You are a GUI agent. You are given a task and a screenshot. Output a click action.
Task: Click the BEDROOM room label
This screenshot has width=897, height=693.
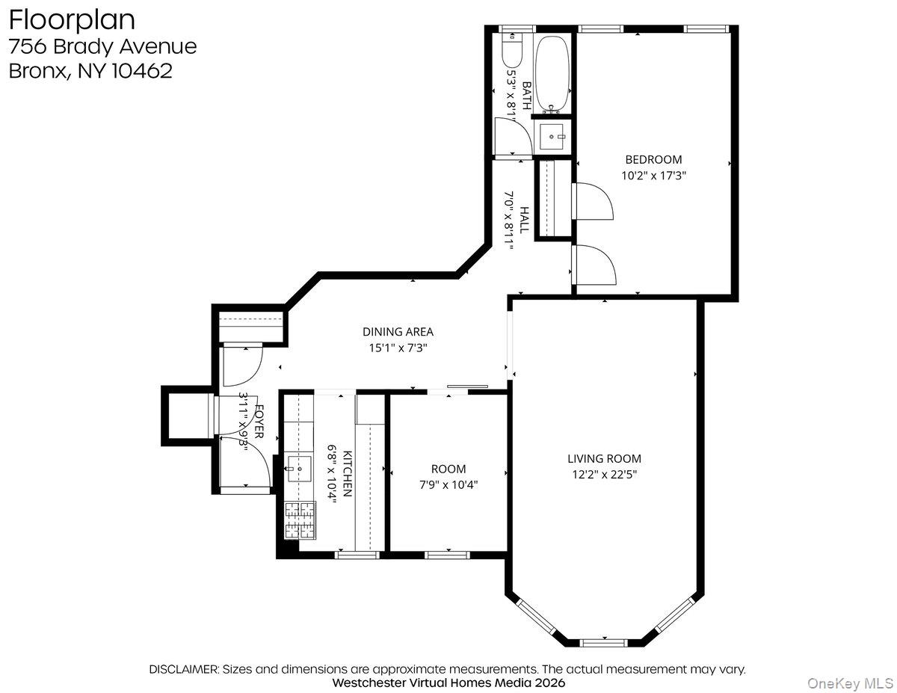point(653,159)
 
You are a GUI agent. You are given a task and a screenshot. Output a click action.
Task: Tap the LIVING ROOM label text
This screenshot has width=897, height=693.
point(604,458)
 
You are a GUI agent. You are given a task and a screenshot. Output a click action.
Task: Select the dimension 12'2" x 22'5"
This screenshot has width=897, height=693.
point(604,475)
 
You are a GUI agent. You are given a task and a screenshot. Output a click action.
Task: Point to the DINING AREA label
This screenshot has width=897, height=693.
point(398,331)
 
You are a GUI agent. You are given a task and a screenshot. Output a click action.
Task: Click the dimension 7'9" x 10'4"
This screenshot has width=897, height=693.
point(449,484)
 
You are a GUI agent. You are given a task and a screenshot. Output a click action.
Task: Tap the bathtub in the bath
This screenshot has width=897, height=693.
point(552,74)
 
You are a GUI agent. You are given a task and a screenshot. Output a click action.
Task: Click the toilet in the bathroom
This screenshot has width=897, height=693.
point(512,50)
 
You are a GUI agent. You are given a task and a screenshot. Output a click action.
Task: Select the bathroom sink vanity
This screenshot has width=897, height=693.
point(552,136)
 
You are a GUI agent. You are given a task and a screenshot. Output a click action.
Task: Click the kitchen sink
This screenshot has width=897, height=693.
point(299,469)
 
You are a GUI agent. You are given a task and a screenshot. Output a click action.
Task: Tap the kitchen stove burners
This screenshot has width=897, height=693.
point(300,520)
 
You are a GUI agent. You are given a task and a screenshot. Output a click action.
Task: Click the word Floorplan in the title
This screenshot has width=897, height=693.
point(72,21)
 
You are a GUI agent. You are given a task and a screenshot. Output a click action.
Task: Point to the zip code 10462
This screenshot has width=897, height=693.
point(142,71)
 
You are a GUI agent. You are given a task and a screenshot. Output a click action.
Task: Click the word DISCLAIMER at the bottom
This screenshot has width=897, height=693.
point(184,669)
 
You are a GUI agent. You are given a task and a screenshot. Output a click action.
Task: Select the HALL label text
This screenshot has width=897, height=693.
point(524,220)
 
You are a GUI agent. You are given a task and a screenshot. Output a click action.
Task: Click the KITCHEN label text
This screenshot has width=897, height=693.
point(348,474)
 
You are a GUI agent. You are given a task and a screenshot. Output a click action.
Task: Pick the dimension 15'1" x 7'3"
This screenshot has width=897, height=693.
point(398,348)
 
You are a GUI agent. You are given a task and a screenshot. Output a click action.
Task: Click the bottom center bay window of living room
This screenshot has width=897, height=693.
point(603,643)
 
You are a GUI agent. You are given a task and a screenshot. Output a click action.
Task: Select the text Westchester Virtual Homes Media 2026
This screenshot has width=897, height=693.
point(449,683)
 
